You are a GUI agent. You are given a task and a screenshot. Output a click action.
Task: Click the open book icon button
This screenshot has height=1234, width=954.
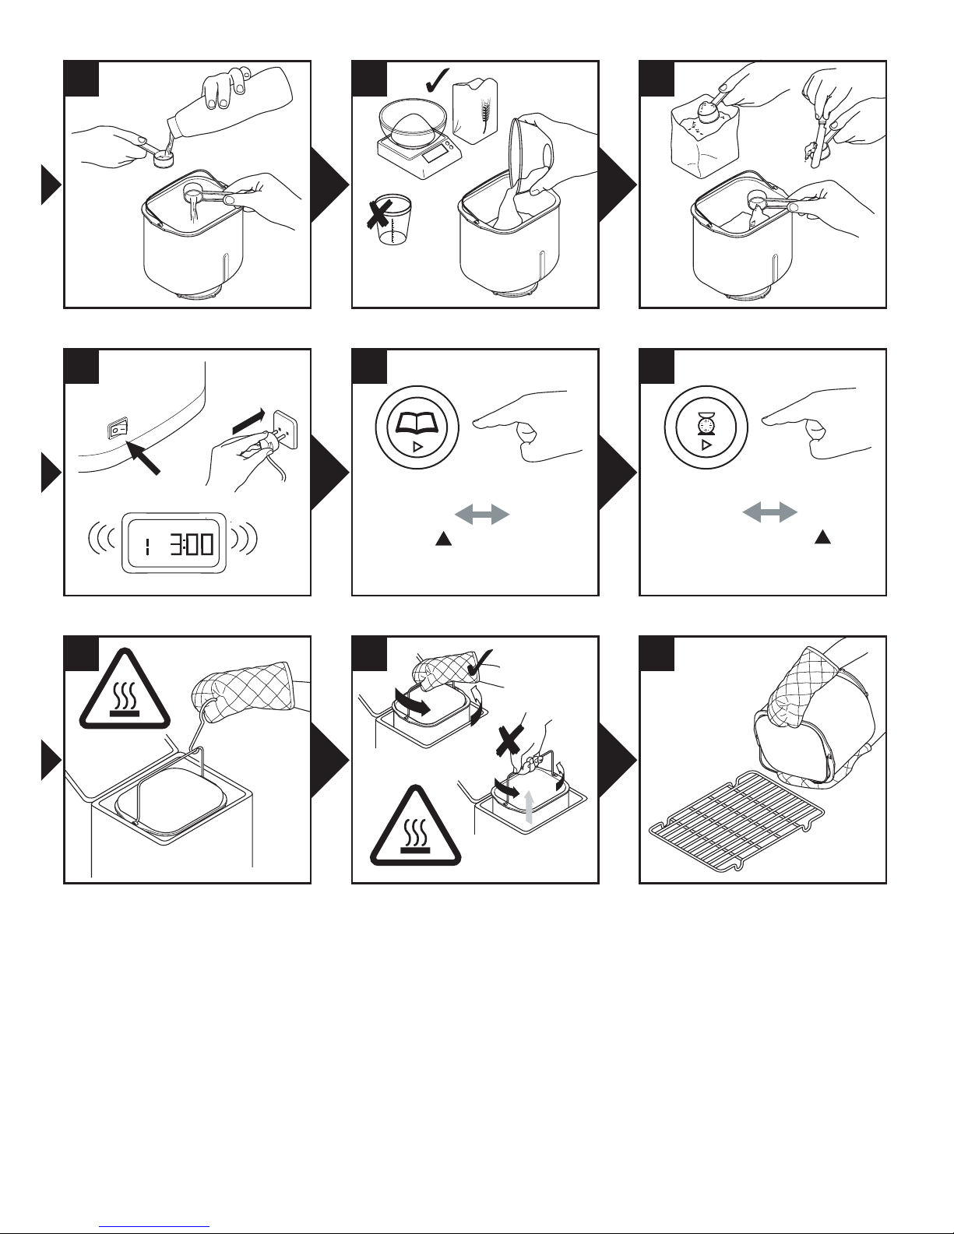[417, 427]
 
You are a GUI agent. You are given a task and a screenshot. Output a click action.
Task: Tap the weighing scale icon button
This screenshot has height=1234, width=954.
[706, 427]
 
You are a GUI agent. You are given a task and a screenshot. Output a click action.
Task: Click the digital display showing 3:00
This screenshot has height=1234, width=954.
[174, 543]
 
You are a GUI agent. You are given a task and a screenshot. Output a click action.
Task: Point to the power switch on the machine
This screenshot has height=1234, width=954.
[118, 429]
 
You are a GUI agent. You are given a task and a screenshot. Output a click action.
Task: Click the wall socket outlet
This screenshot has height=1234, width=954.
[286, 429]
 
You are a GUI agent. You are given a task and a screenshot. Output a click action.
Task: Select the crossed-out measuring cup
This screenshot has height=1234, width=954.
[389, 220]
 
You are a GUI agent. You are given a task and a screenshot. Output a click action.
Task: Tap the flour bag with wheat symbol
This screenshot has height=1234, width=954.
[475, 112]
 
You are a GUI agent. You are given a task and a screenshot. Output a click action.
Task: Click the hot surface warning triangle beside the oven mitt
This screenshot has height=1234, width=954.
[125, 690]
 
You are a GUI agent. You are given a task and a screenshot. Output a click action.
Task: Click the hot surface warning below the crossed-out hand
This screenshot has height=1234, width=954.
[415, 826]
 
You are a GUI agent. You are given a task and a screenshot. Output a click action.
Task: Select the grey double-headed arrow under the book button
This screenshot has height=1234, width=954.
[482, 515]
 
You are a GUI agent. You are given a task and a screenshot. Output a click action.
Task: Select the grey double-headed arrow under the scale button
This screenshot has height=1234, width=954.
[770, 512]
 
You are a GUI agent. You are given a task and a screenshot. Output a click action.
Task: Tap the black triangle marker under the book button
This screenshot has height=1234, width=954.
[443, 539]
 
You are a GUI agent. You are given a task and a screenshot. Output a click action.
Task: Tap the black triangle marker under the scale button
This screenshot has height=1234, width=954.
[823, 537]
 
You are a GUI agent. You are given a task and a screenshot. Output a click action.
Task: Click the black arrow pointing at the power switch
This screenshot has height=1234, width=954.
[143, 457]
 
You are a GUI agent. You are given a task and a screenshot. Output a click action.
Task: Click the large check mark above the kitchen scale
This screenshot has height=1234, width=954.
[437, 80]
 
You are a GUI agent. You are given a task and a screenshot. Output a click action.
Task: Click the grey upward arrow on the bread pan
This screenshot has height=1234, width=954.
[529, 807]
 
